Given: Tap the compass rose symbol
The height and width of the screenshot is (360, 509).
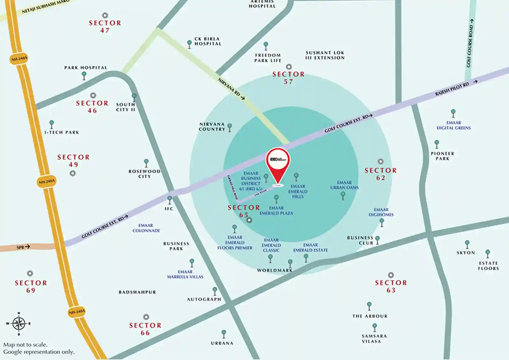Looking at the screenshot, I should coord(19,324).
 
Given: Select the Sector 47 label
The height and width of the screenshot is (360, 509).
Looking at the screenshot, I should coord(105,26).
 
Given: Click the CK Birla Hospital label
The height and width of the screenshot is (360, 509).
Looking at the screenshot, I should coord(208,41).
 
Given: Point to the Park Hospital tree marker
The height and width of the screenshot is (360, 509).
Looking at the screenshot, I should coord(84,75).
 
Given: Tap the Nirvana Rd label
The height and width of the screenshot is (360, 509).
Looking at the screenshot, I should coord(231,89).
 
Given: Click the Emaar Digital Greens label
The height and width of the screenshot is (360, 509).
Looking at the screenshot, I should coord(453,125).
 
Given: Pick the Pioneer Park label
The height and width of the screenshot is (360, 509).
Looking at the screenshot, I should coord(442,156).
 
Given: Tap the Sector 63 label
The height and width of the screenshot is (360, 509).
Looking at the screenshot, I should coord(391,286).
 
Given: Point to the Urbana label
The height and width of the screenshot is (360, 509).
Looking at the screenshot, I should coord(222,343).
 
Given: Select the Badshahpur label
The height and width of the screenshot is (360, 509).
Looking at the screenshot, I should coord(137,292).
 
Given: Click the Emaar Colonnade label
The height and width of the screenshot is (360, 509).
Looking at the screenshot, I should coord(146,228).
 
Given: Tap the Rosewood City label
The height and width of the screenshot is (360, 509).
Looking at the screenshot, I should coord(144,174).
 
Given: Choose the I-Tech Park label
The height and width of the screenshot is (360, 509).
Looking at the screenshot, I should coord(62,132).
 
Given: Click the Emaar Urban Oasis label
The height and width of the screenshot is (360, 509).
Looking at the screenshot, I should coord(344,185).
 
